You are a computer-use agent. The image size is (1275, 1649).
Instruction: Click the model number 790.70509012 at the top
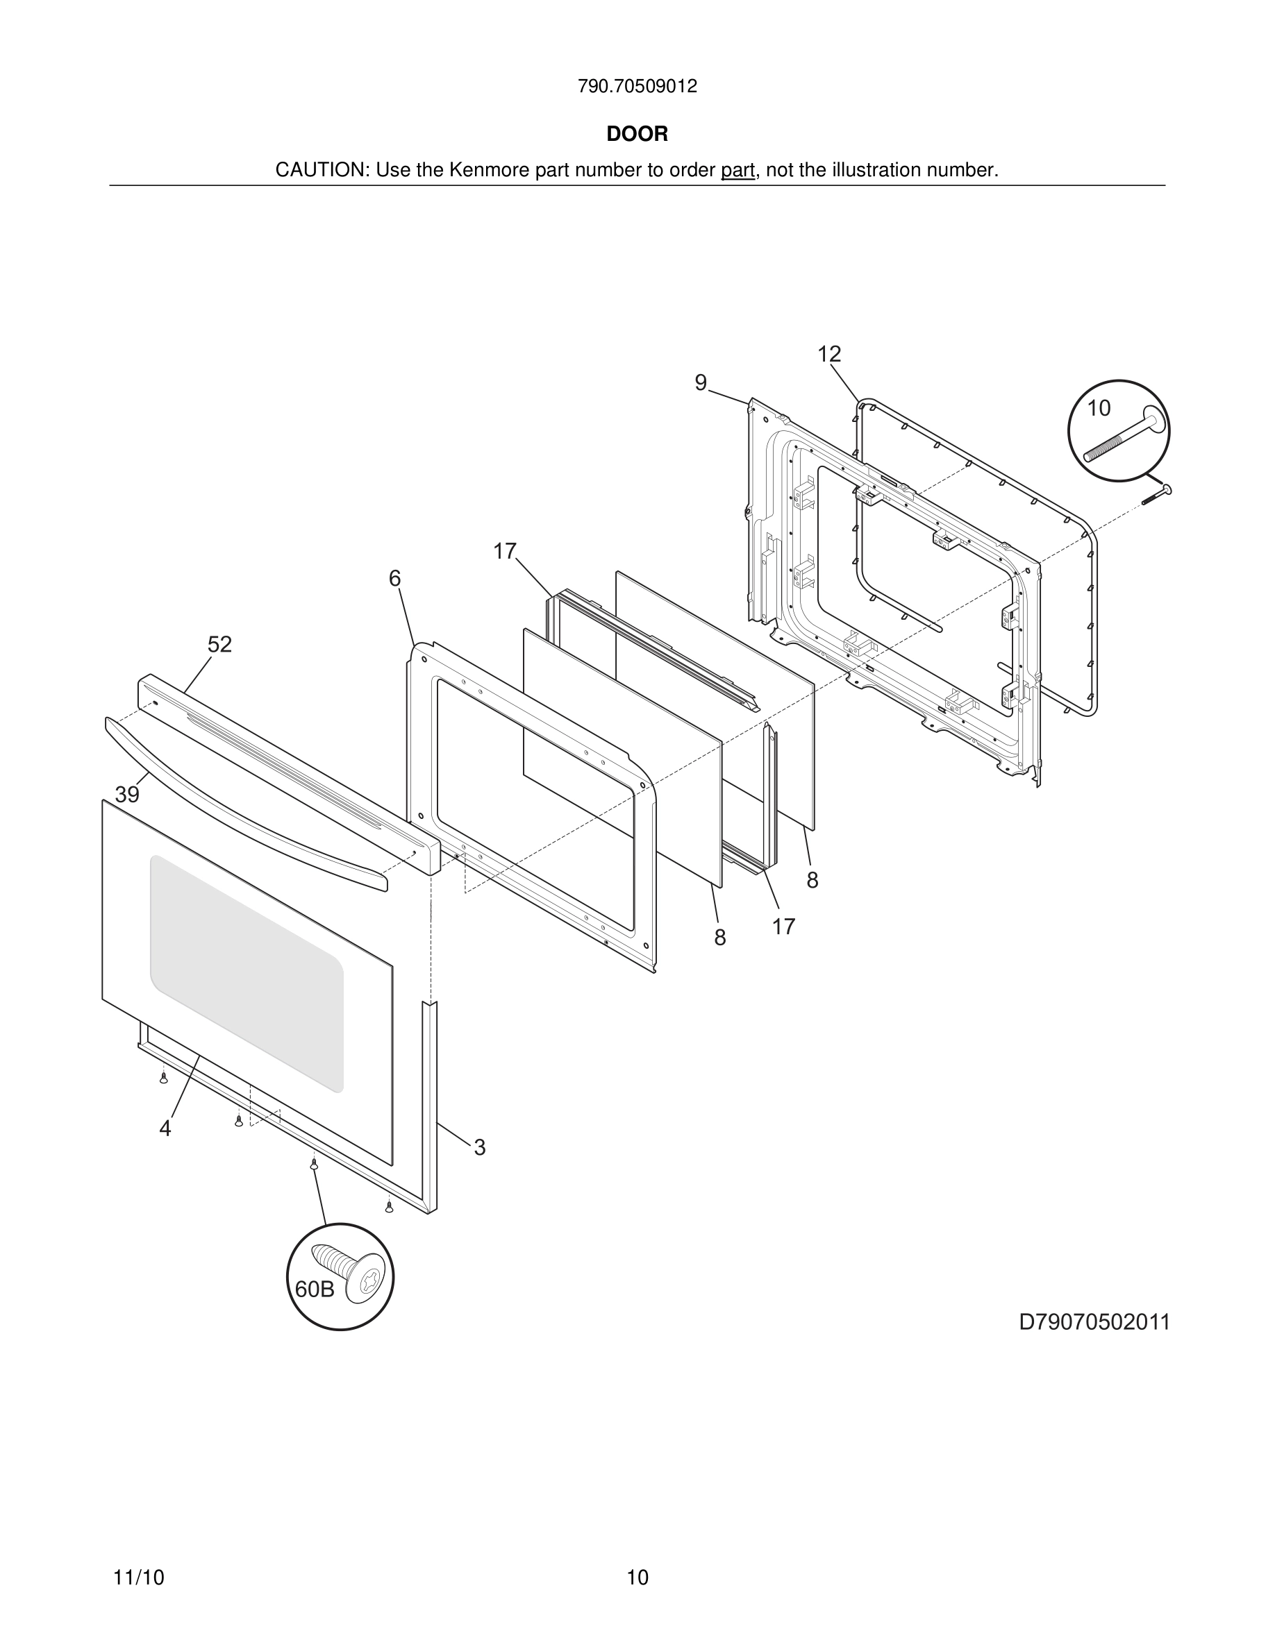tap(637, 86)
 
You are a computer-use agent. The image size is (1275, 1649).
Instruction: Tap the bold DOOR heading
tap(637, 134)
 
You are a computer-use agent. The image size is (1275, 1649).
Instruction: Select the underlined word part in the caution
tap(737, 170)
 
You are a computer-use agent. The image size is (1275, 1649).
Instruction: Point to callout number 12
tap(828, 353)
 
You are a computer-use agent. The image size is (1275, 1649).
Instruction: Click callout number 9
tap(700, 383)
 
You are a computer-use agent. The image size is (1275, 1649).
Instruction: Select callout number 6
tap(394, 578)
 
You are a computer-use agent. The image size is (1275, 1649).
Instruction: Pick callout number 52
tap(220, 644)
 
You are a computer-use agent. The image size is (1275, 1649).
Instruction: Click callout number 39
tap(127, 794)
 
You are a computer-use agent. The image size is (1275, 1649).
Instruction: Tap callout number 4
tap(165, 1128)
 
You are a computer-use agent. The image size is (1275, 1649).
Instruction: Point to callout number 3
tap(480, 1148)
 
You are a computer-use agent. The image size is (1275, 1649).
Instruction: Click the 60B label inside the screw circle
tap(314, 1289)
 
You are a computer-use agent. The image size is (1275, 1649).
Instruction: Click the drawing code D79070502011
tap(1094, 1322)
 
